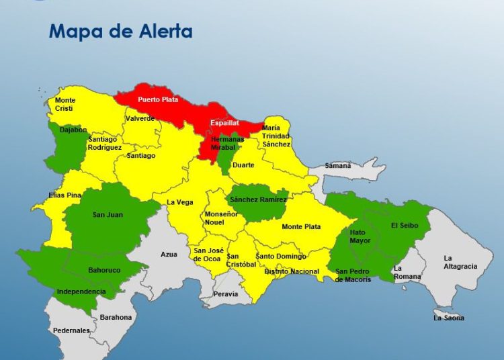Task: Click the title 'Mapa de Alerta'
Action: [x=120, y=31]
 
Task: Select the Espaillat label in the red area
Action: [x=224, y=123]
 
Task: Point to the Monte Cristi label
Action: [x=65, y=104]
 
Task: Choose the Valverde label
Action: [x=140, y=118]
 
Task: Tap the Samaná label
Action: [x=338, y=165]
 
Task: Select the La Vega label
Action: [x=179, y=202]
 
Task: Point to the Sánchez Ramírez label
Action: [x=259, y=199]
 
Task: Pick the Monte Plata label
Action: [x=301, y=227]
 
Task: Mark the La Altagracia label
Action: [x=460, y=262]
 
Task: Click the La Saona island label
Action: [x=449, y=318]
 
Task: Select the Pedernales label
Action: [x=72, y=330]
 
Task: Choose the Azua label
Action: [x=169, y=255]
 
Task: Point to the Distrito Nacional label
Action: [x=291, y=271]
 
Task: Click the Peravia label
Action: [x=226, y=294]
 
